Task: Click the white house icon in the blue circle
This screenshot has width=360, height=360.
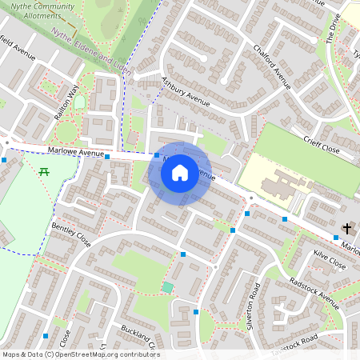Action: click(180, 171)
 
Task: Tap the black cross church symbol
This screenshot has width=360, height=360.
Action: click(346, 229)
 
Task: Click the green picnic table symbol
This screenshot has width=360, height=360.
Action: click(44, 171)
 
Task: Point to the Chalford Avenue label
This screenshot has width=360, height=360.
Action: click(271, 80)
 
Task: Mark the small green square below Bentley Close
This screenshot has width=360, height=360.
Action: click(167, 286)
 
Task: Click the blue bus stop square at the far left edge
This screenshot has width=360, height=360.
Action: click(5, 160)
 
